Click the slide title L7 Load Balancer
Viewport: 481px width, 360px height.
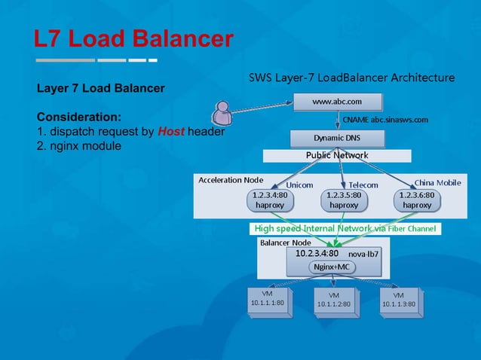(133, 38)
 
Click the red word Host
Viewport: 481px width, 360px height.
(171, 132)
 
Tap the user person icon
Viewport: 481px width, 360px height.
(222, 113)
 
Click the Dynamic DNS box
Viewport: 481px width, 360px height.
(337, 139)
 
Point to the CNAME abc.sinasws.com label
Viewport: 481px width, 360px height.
(384, 119)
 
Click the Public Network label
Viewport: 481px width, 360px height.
(337, 156)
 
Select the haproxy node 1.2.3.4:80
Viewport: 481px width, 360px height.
(269, 200)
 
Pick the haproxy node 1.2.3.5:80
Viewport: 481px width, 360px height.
(343, 200)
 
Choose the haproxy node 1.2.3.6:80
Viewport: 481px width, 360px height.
(417, 200)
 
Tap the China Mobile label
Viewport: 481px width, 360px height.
(437, 182)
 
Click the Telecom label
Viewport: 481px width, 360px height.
(363, 185)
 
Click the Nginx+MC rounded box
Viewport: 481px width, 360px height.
(332, 267)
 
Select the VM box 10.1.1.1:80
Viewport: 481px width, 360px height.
(268, 299)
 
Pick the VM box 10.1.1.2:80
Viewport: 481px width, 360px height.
(332, 300)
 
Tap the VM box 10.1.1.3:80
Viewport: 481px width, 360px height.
(398, 299)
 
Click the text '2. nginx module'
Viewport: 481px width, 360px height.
(79, 145)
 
